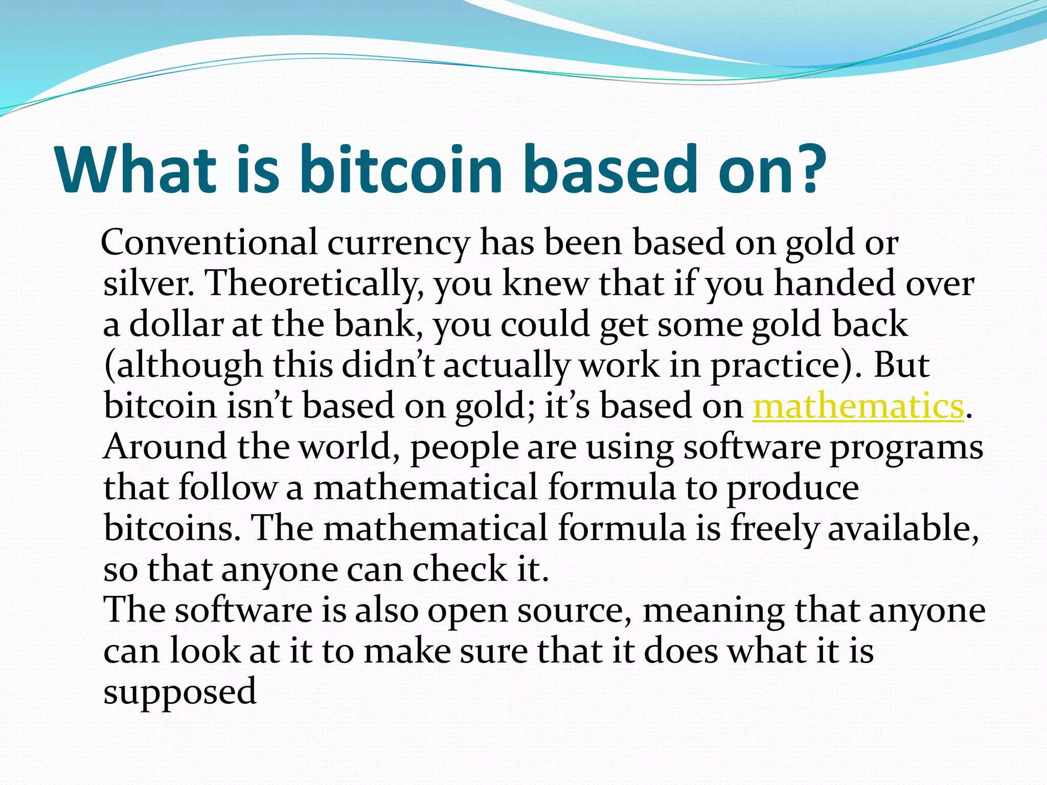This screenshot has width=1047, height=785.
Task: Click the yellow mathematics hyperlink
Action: pyautogui.click(x=858, y=406)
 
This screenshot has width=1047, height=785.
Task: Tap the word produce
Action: pyautogui.click(x=792, y=489)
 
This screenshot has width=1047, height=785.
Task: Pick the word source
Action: pyautogui.click(x=573, y=611)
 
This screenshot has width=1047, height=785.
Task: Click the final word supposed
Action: pyautogui.click(x=180, y=693)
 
